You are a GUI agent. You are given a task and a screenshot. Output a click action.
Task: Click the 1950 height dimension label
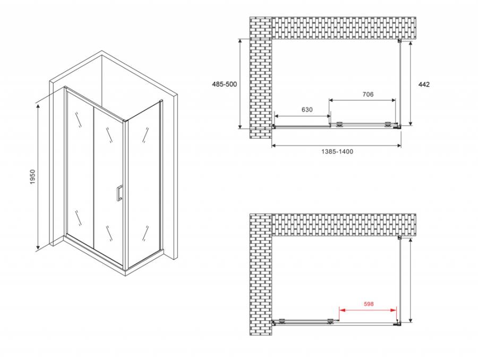[33, 177]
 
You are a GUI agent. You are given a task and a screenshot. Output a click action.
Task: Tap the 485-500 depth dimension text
[224, 84]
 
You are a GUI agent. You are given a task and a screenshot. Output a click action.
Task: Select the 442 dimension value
[424, 84]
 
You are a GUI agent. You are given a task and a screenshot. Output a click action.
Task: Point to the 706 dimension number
[368, 95]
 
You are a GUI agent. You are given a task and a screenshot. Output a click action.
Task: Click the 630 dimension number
[307, 110]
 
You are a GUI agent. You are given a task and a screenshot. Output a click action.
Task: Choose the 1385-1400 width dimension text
[337, 151]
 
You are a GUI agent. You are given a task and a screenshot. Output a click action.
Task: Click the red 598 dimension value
[369, 304]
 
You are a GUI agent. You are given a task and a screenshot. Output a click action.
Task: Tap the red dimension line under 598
[368, 310]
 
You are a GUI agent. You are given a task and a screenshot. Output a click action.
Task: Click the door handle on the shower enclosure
[119, 193]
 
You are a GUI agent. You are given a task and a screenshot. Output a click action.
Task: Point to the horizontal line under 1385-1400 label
[336, 145]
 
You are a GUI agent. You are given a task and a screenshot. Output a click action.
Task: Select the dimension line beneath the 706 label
[362, 100]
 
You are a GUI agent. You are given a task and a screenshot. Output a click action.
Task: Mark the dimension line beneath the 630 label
[302, 116]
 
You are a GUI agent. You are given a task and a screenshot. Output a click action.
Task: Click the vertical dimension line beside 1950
[38, 176]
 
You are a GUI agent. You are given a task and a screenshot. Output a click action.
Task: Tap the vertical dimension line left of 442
[411, 83]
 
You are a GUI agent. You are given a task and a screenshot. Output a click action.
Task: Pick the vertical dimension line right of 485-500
[240, 83]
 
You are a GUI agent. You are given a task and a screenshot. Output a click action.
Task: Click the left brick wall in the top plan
[261, 78]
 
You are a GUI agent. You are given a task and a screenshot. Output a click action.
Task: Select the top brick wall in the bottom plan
[344, 225]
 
